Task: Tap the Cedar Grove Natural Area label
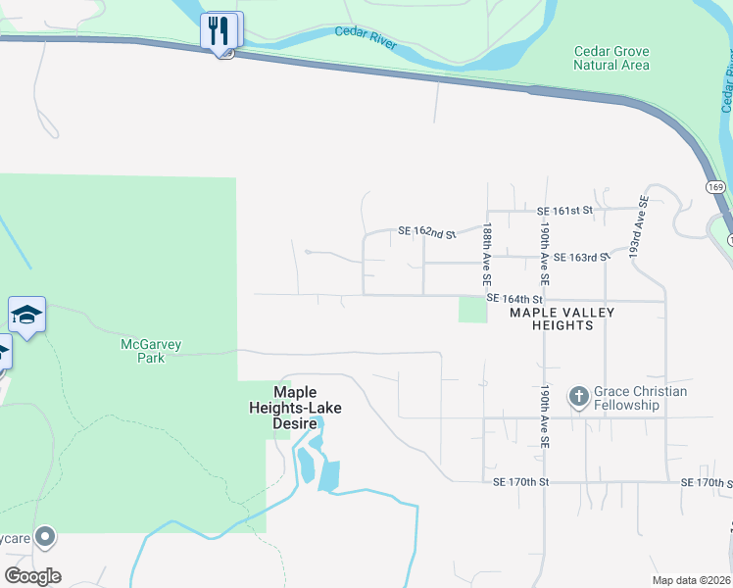(611, 58)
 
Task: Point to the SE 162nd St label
(427, 233)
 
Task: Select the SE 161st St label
(565, 211)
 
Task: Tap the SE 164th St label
(515, 299)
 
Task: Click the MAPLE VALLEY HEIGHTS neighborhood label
(562, 318)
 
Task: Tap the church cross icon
(579, 397)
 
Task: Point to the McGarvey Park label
(152, 351)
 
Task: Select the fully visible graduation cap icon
(26, 315)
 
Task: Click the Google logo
(32, 576)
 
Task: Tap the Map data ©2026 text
(692, 580)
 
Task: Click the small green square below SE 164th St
(472, 310)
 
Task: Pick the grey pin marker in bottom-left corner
(44, 536)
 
